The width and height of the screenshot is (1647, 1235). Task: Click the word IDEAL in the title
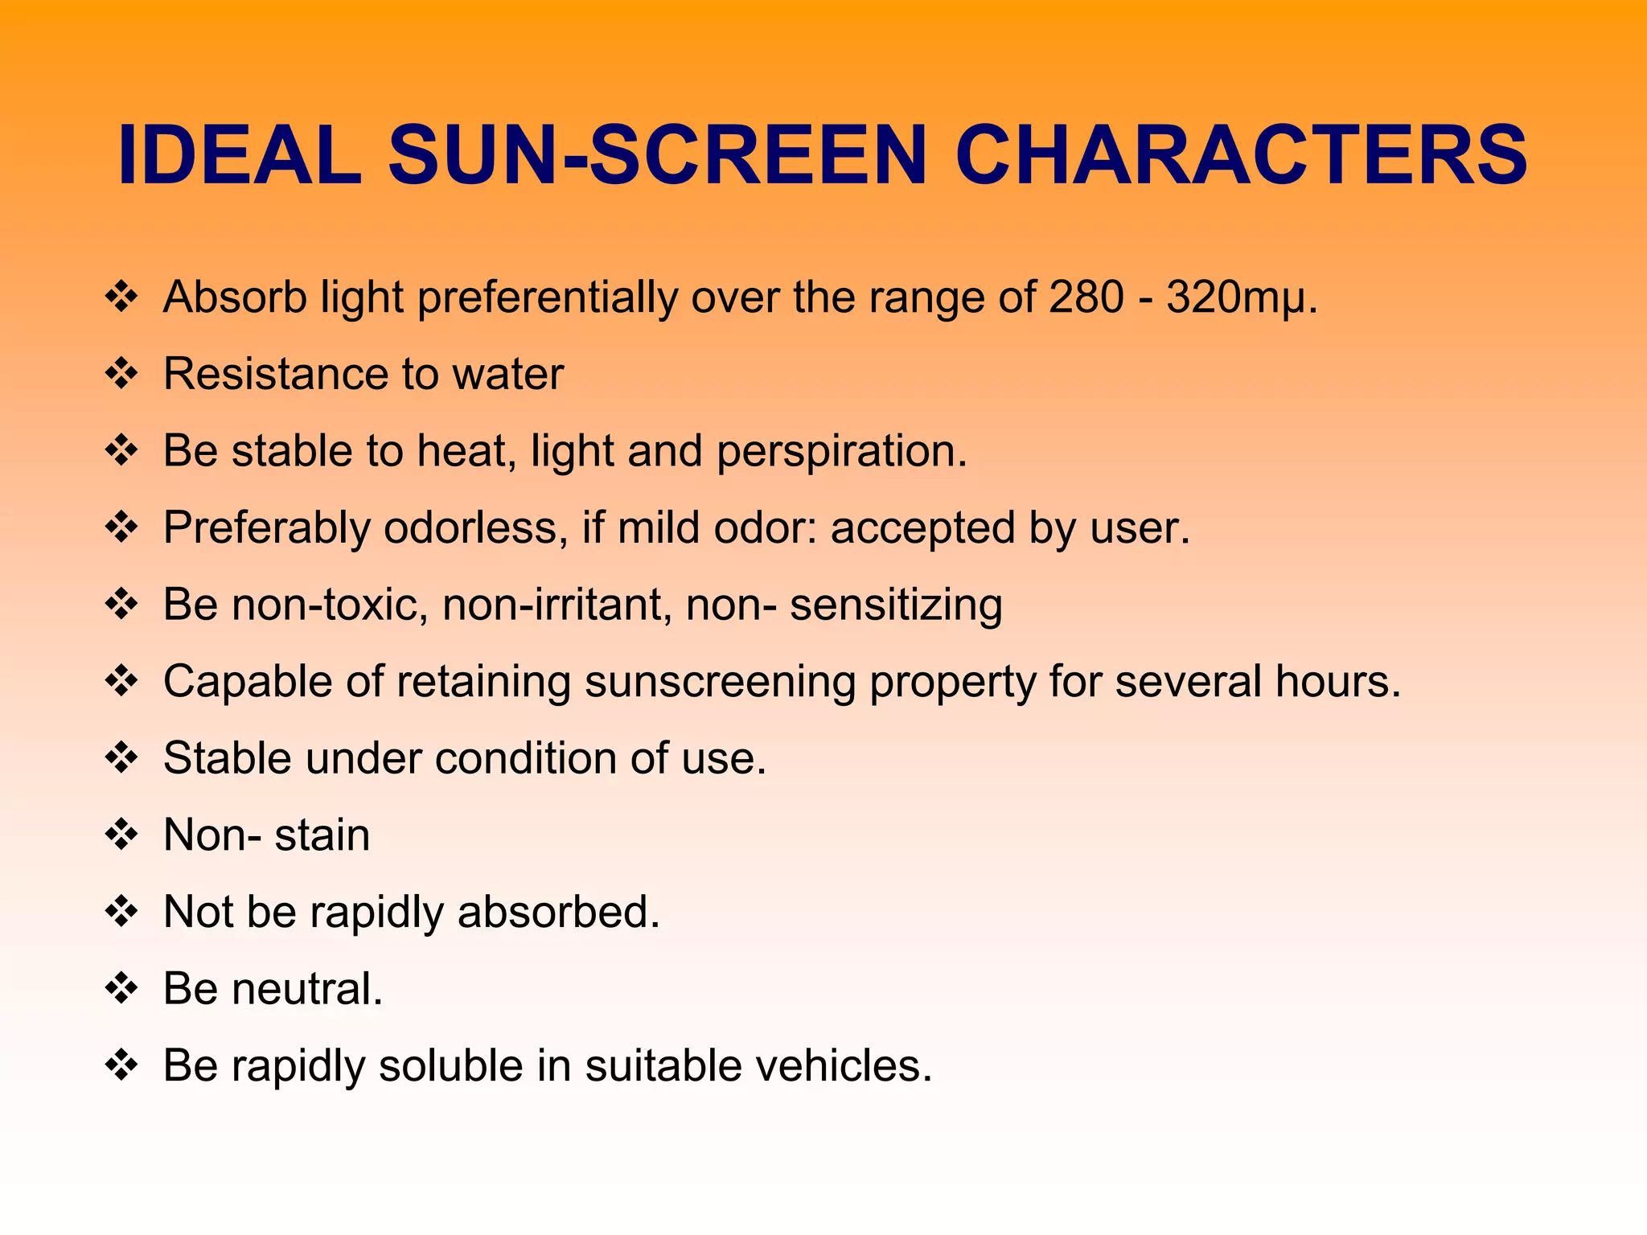click(240, 154)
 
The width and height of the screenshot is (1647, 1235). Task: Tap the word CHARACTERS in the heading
click(1241, 154)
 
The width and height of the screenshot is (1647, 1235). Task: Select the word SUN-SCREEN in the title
click(658, 154)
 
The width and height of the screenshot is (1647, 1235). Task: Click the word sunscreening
click(720, 683)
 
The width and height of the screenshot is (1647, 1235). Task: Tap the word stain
click(322, 835)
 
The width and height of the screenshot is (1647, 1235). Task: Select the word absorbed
click(558, 912)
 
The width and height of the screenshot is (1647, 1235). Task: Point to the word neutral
click(307, 989)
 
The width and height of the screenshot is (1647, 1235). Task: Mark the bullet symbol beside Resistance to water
click(122, 374)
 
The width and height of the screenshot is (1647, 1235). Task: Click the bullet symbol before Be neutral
click(122, 988)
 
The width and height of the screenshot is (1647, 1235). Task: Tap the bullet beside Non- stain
click(122, 835)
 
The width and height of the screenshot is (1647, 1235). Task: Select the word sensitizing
click(896, 605)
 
